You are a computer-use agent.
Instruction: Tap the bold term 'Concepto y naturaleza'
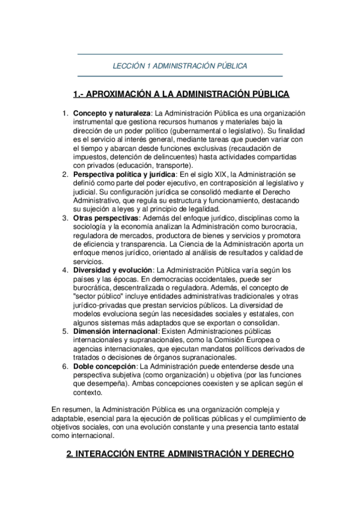(x=112, y=113)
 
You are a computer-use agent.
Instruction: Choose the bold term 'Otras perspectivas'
(x=106, y=217)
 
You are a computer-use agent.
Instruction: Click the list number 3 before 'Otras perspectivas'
(x=66, y=217)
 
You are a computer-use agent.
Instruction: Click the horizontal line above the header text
(x=180, y=54)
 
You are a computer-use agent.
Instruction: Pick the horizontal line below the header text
(x=180, y=76)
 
